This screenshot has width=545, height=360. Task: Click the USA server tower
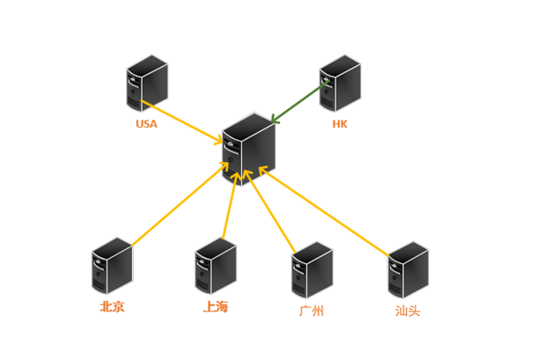coord(146,84)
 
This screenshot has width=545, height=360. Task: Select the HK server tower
coord(340,84)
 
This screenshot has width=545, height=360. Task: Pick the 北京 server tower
coord(112,266)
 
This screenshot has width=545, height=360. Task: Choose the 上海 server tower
coord(216,266)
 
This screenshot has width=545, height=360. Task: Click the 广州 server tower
coord(312,271)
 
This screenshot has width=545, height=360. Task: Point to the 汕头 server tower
coord(409,270)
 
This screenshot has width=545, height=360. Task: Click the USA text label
coord(146,124)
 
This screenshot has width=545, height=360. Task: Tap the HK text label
coord(340,124)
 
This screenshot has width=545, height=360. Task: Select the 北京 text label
coord(112,307)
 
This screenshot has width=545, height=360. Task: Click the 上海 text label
coord(216,307)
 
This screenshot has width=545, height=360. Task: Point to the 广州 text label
coord(312,311)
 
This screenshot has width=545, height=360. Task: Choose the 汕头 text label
coord(408,311)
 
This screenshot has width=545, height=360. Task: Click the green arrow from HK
coord(299,103)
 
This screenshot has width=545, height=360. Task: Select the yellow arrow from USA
coord(185,123)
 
